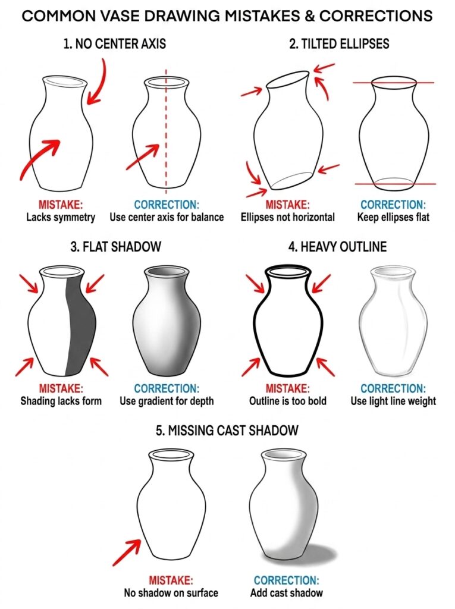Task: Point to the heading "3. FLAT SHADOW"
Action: pyautogui.click(x=115, y=247)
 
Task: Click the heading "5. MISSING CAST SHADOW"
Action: pyautogui.click(x=227, y=430)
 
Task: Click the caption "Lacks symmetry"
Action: pyautogui.click(x=61, y=217)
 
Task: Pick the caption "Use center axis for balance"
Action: pyautogui.click(x=167, y=217)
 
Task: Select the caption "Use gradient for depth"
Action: pyautogui.click(x=167, y=401)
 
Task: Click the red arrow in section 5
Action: pyautogui.click(x=125, y=553)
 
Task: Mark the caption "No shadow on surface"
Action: pyautogui.click(x=171, y=592)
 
